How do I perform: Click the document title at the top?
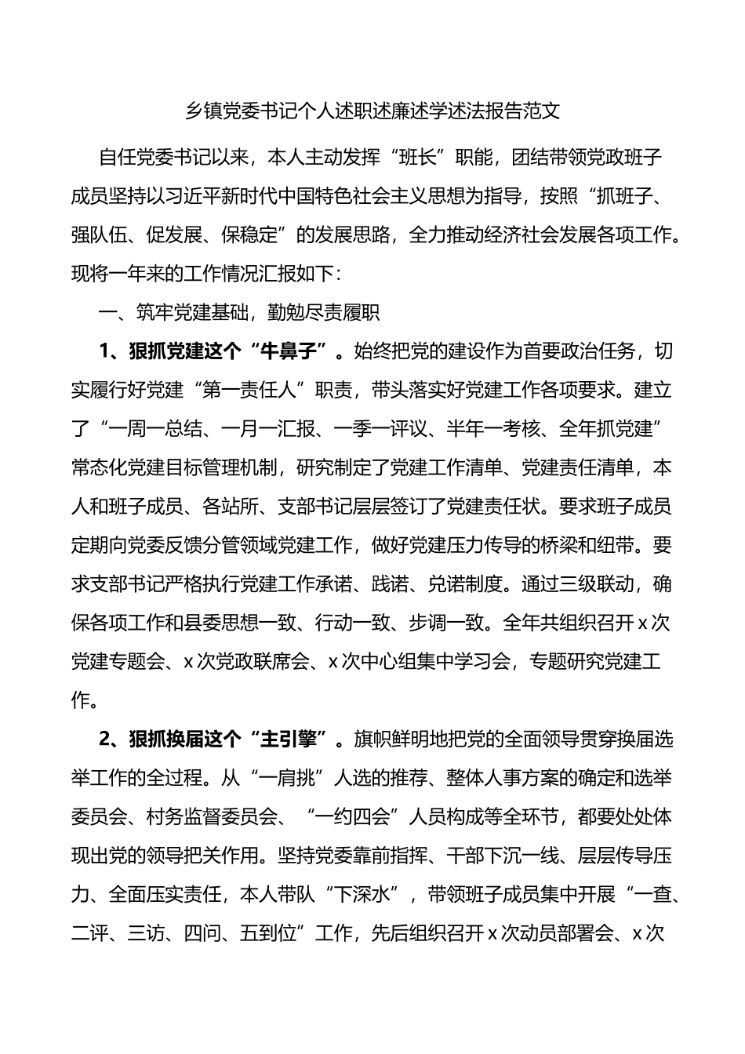(372, 111)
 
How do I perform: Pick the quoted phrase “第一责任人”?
(267, 391)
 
